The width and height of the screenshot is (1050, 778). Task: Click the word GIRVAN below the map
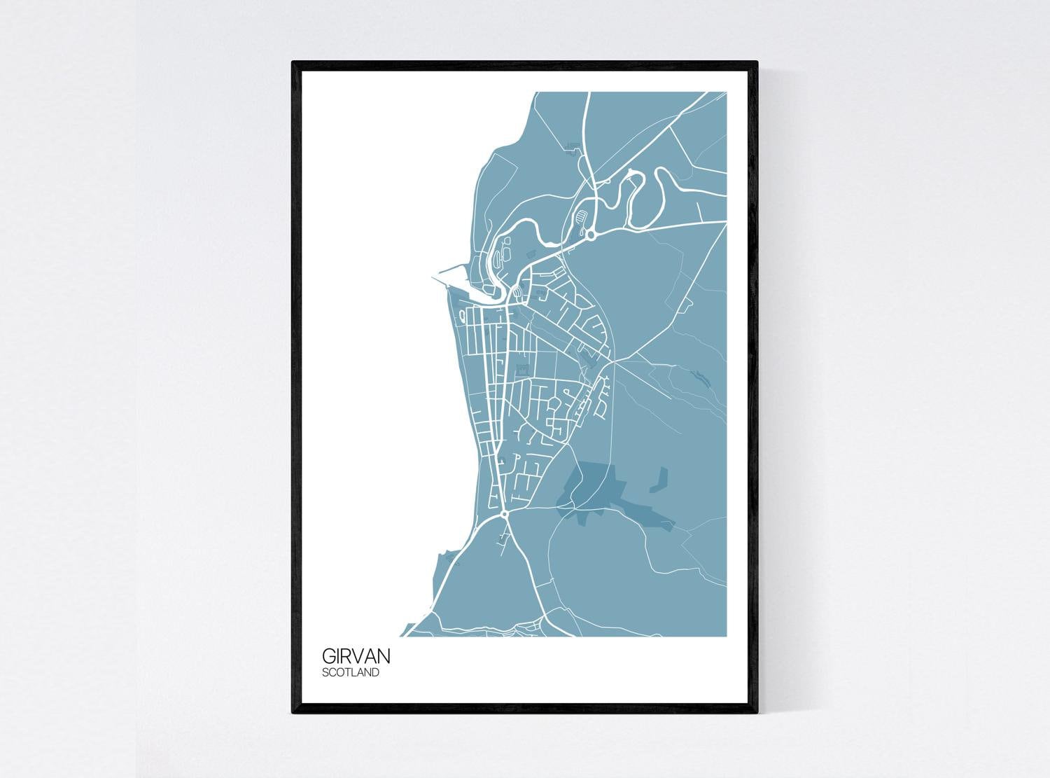[x=356, y=657]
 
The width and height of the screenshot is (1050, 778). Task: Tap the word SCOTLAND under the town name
[x=351, y=673]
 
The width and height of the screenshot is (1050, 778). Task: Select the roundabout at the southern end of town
[x=504, y=515]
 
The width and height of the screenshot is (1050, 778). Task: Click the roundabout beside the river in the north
[x=590, y=235]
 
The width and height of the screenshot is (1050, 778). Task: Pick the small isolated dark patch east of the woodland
[x=659, y=480]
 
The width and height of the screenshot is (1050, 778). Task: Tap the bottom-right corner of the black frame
[x=757, y=712]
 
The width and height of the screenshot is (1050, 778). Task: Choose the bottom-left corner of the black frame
[x=293, y=712]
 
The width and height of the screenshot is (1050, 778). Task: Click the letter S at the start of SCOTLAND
[x=325, y=673]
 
